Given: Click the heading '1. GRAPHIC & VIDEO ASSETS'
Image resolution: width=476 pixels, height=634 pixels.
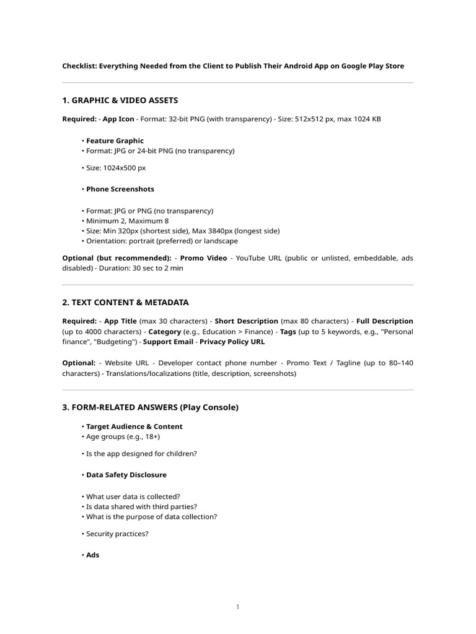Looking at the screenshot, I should tap(120, 100).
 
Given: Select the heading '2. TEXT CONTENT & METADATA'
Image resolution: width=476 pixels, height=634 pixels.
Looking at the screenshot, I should tap(125, 302).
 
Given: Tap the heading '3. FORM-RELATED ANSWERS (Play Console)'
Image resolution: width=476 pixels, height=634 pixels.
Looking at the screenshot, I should tap(150, 407).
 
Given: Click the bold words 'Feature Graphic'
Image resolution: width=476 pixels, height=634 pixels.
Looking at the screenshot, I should tap(115, 141).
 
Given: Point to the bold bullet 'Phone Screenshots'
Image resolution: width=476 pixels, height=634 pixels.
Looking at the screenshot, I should tap(120, 189).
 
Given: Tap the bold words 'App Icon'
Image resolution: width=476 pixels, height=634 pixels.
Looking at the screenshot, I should tap(118, 119).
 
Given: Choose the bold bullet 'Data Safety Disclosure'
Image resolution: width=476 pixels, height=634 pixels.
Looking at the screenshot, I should tap(126, 475).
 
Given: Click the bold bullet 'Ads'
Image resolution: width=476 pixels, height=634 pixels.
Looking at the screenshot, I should tap(92, 555).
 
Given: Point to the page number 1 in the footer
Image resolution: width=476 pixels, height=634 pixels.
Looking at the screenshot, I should tap(237, 607).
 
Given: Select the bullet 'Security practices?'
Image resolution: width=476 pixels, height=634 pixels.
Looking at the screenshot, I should tap(117, 534).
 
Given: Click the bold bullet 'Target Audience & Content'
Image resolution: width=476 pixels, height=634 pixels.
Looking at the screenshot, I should tap(134, 427).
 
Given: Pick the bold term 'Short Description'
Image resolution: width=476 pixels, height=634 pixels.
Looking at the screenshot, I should tap(246, 321).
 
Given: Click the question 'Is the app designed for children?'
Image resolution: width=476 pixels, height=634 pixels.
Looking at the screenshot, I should tap(141, 454).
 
